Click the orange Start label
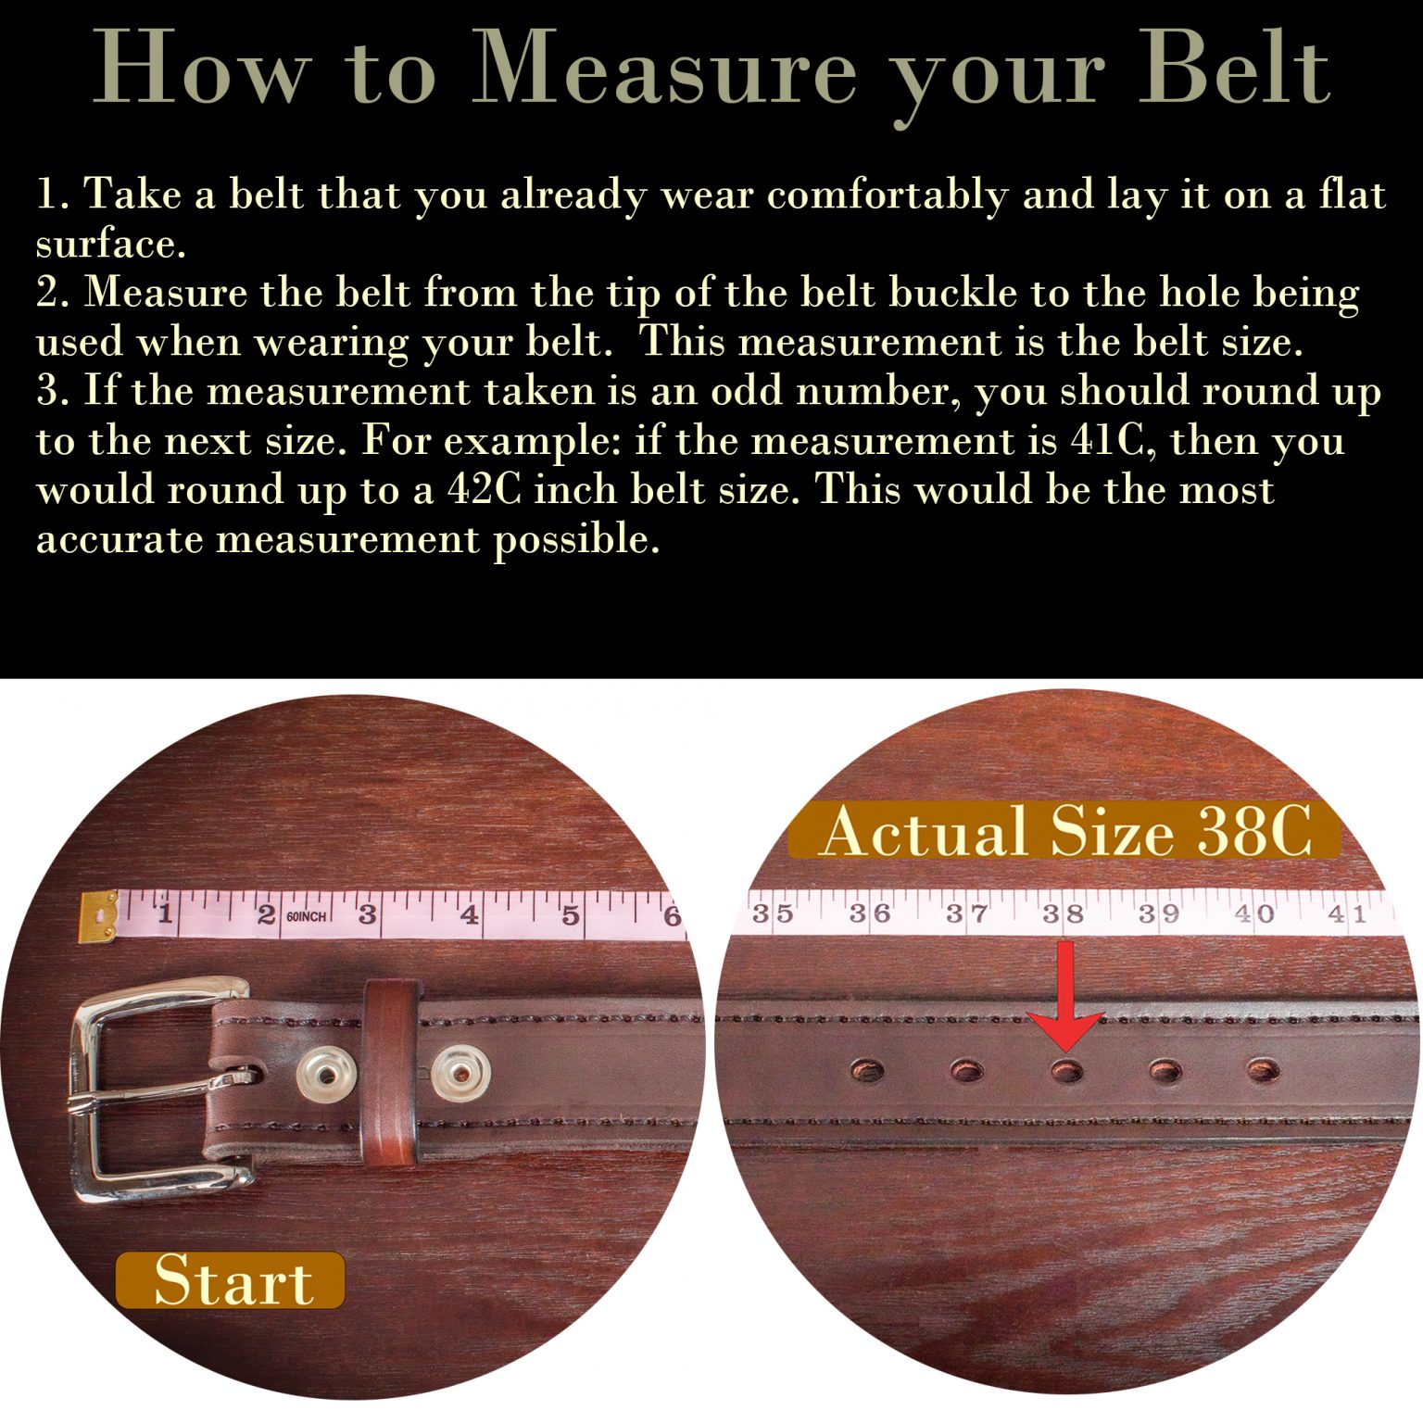(231, 1280)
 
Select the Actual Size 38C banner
(1064, 830)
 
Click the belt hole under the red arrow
(1066, 1072)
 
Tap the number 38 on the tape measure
(1063, 914)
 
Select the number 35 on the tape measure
(772, 914)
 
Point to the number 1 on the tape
(165, 914)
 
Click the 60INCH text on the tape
(306, 916)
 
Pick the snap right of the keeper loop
(460, 1075)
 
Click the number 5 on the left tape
(570, 915)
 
